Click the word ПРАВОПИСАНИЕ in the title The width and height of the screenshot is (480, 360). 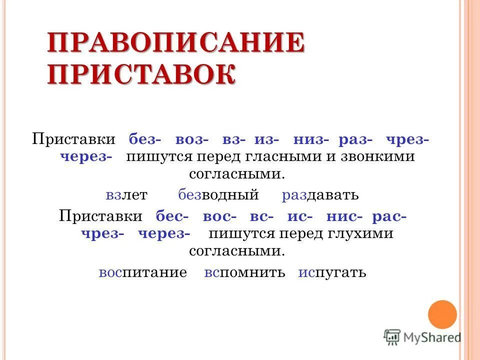tap(176, 43)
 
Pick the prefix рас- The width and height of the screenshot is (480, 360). tap(389, 216)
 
